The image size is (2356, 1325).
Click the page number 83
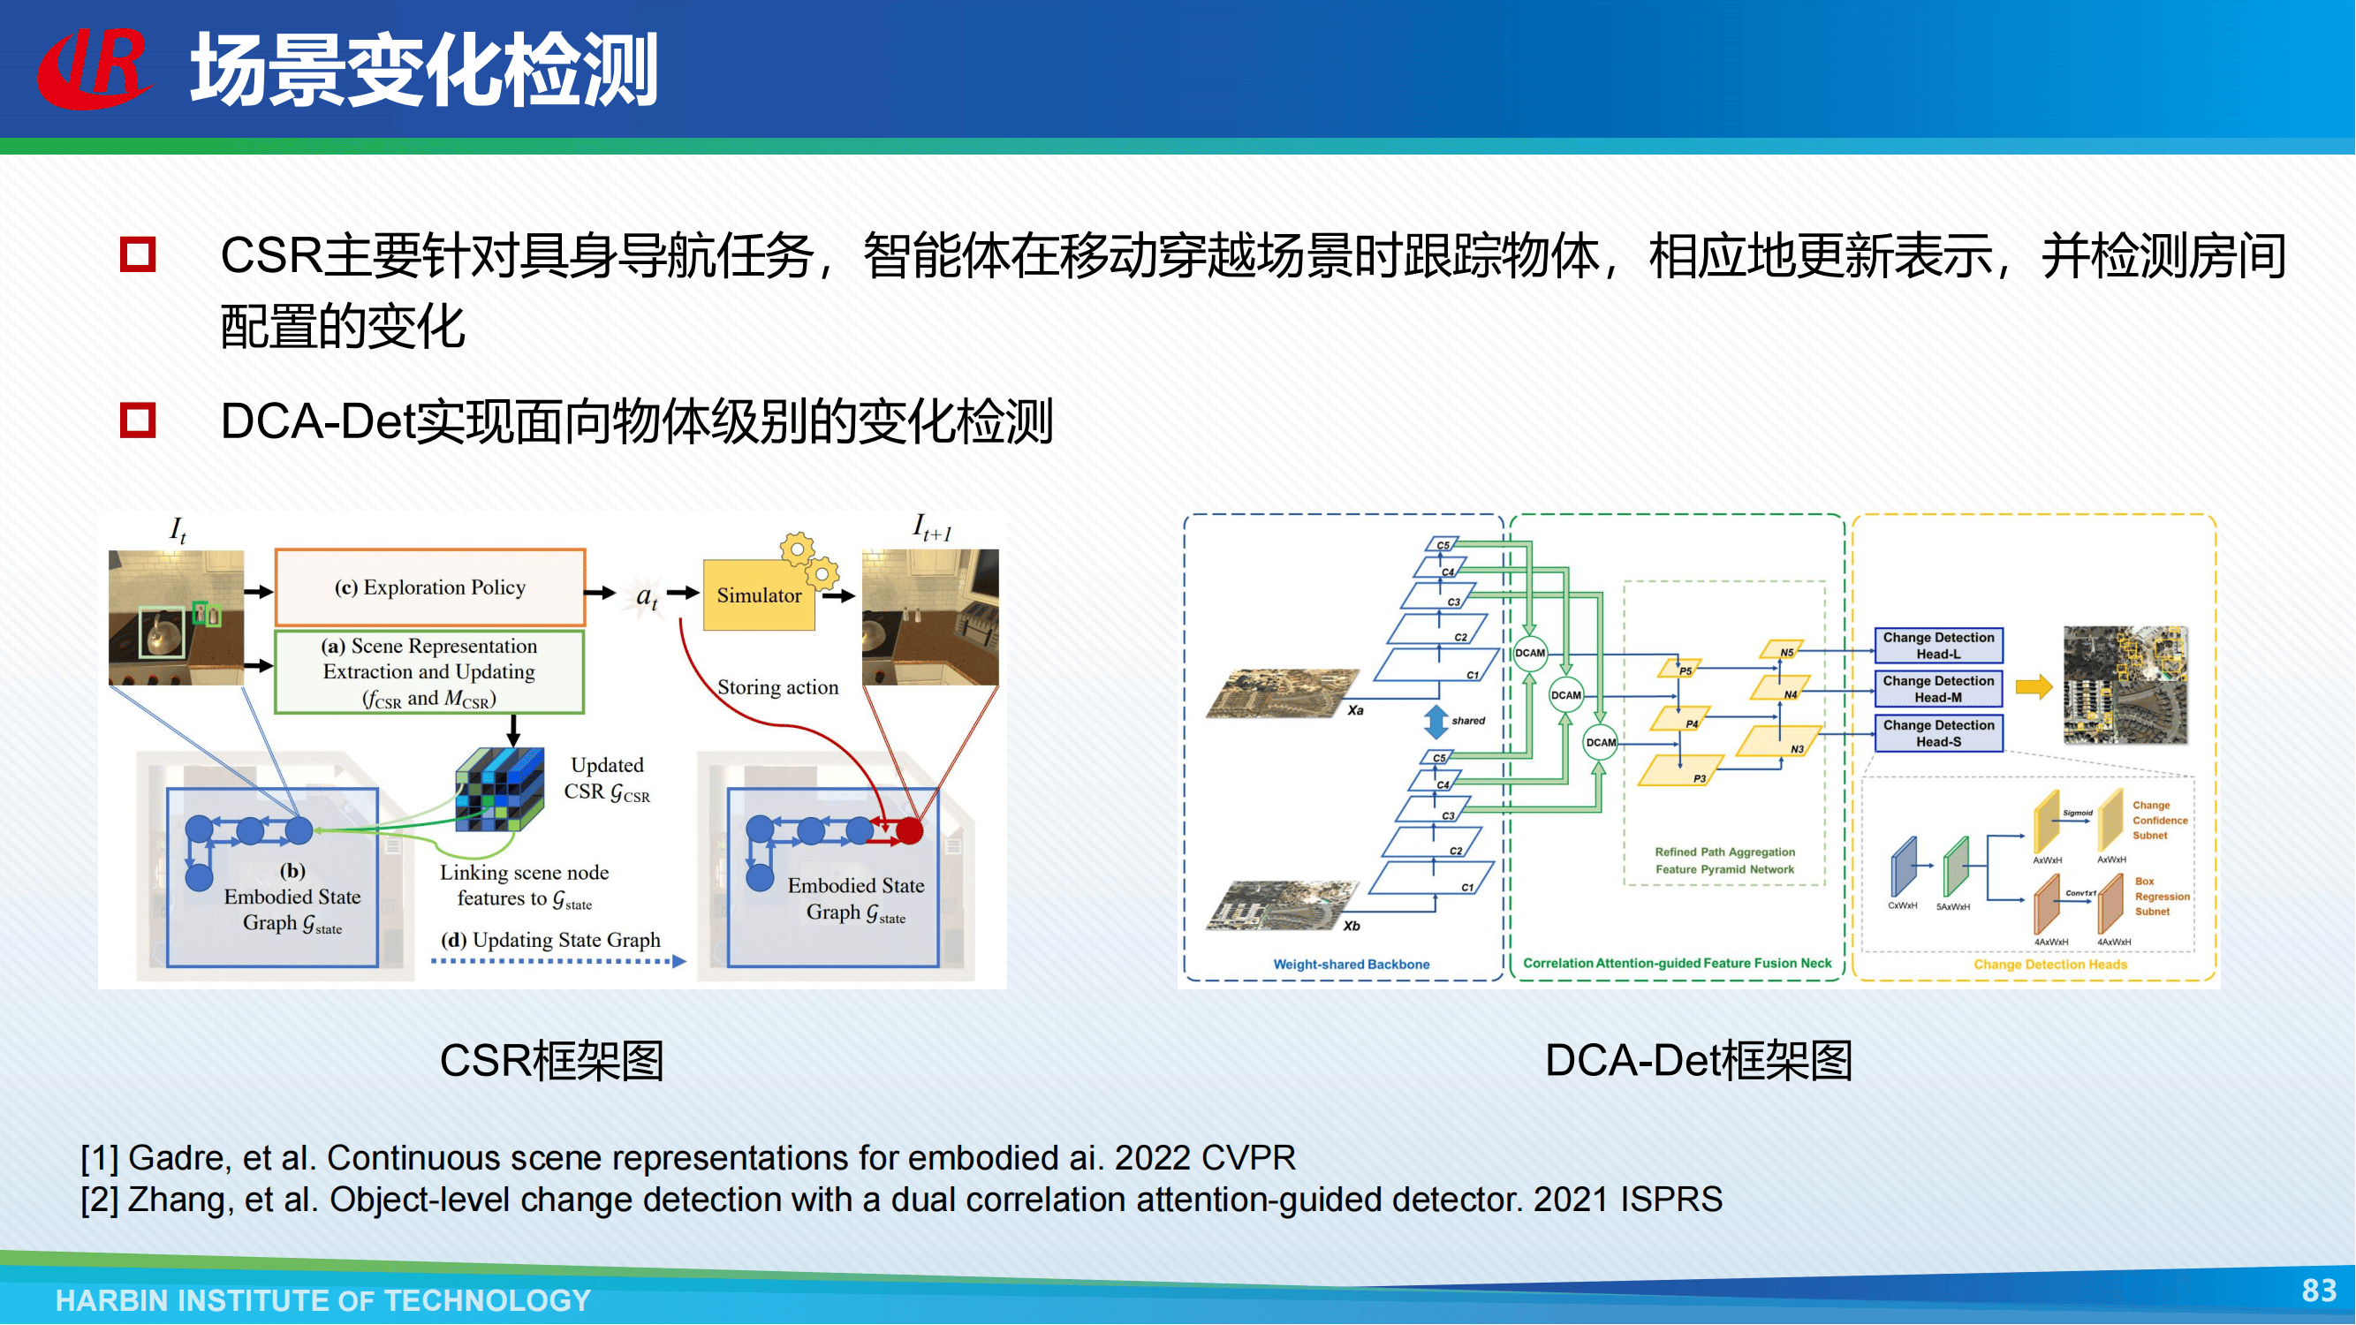point(2319,1291)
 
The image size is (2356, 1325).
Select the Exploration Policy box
point(430,587)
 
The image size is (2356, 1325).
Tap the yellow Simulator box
point(758,596)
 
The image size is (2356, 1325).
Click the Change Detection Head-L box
point(1938,646)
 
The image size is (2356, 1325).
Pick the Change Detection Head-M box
point(1938,689)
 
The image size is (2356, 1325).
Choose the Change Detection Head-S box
point(1938,733)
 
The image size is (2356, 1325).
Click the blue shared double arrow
point(1436,722)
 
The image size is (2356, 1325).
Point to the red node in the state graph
point(909,830)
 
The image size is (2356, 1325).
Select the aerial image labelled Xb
point(1276,905)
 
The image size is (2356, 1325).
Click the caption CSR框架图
point(551,1061)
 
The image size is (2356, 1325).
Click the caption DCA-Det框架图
point(1699,1061)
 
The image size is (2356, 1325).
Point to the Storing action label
point(777,687)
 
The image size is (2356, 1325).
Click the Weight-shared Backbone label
point(1351,964)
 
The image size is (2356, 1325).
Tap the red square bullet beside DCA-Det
point(138,420)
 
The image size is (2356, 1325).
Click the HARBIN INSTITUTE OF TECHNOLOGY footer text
point(322,1300)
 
